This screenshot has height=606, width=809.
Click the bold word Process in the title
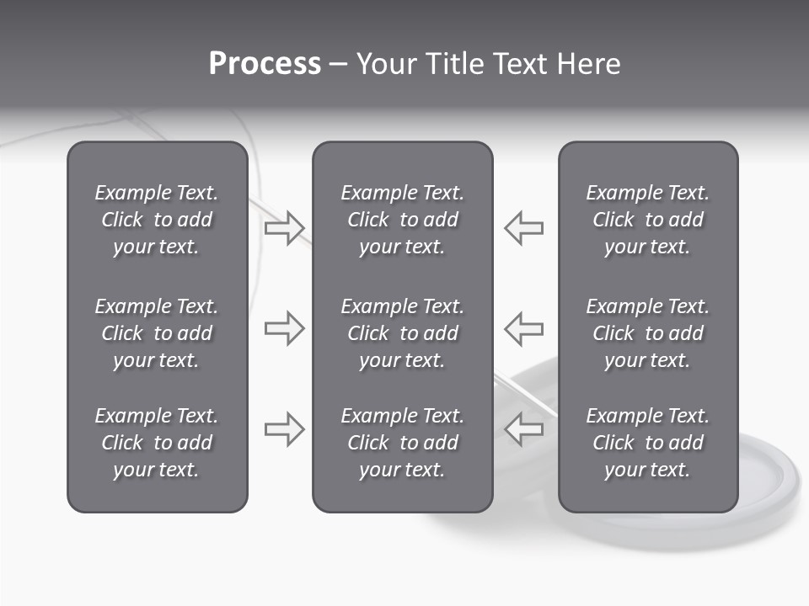265,64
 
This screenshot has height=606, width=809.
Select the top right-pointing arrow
284,227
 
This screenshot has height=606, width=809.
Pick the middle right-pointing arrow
284,328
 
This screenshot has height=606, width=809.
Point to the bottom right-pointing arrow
284,429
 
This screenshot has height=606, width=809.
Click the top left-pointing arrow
523,227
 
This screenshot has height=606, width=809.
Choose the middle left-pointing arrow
523,328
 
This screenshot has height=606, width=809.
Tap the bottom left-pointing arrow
523,429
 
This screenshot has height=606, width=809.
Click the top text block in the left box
157,220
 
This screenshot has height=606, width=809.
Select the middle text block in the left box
157,333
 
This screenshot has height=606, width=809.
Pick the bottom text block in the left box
157,443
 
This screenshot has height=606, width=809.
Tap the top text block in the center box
402,220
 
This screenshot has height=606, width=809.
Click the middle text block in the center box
402,333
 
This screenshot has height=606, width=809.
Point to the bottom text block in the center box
402,443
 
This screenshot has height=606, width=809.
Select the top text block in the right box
647,220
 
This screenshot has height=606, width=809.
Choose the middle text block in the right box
647,333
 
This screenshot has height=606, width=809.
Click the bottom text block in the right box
647,443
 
